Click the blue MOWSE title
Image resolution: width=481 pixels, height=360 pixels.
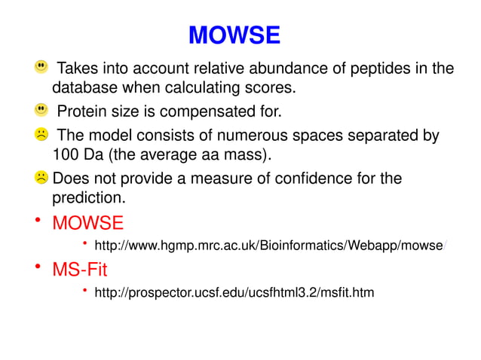[x=234, y=35]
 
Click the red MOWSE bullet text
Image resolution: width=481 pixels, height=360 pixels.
[x=87, y=223]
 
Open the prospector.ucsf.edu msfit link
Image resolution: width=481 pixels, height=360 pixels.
[x=234, y=291]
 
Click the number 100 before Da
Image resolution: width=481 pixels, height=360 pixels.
[x=64, y=156]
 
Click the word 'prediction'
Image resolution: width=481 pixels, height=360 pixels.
[x=87, y=199]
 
